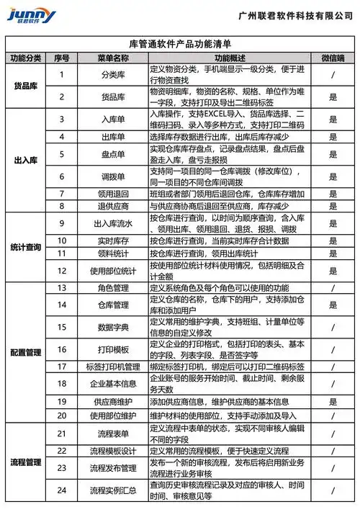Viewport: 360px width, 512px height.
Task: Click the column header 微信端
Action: (333, 58)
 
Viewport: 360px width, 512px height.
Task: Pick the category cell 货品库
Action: (27, 86)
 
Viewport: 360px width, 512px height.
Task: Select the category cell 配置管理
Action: (27, 354)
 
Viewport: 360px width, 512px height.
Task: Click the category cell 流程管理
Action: (27, 461)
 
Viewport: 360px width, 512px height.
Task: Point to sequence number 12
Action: (63, 271)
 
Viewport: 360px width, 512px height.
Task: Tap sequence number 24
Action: (63, 490)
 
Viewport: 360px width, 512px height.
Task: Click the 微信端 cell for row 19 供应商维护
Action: (333, 401)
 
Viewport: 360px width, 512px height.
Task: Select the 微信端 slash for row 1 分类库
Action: (333, 74)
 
